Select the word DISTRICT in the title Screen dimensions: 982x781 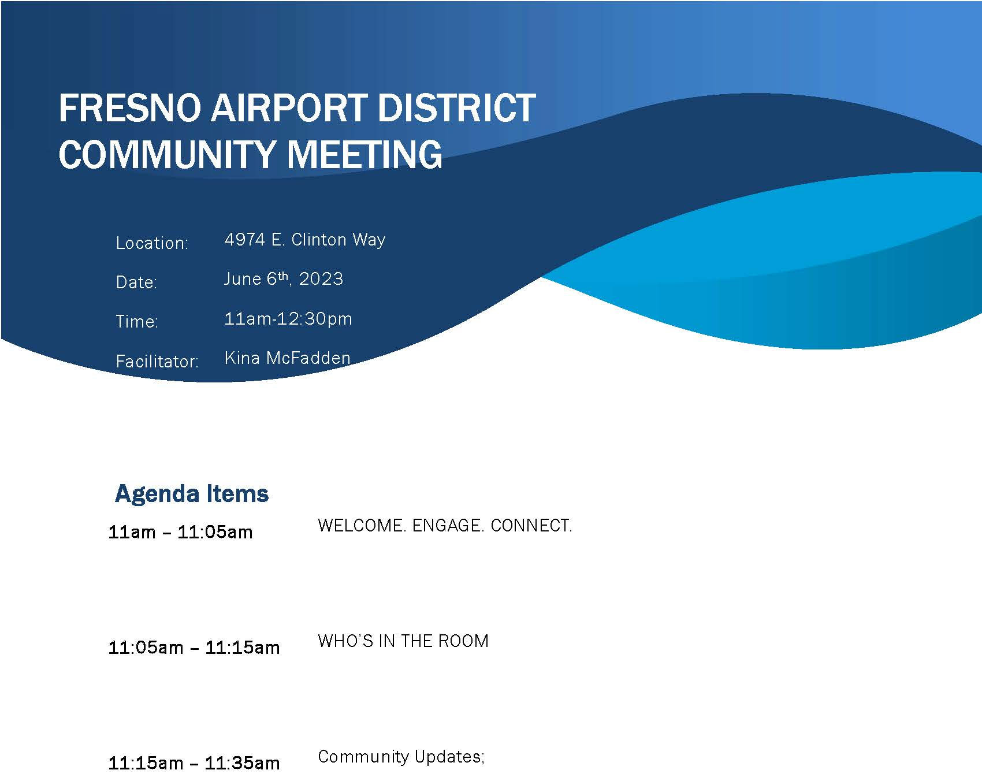click(x=456, y=108)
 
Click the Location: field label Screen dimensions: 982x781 click(x=152, y=243)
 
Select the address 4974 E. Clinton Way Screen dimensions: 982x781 click(x=304, y=239)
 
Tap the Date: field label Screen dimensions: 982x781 click(x=136, y=282)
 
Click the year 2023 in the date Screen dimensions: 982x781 click(x=321, y=279)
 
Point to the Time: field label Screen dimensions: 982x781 click(x=137, y=321)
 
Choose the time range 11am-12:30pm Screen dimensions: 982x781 click(x=288, y=319)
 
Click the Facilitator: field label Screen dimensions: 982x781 click(x=157, y=361)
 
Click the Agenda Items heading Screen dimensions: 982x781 click(x=192, y=493)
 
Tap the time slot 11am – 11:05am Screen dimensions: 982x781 click(x=180, y=532)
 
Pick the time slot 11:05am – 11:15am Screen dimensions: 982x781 click(x=194, y=648)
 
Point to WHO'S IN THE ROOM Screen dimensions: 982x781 click(x=403, y=641)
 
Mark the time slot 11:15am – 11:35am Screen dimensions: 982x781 click(x=194, y=763)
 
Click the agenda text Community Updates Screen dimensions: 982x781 click(x=399, y=757)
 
